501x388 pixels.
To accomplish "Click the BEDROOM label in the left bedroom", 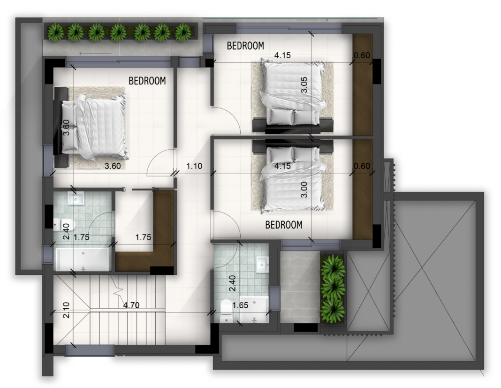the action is click(x=147, y=81).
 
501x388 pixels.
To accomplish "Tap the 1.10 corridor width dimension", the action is click(x=194, y=166).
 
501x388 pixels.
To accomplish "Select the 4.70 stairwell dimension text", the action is click(x=131, y=305).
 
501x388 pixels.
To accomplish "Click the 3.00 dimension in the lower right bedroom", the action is click(x=304, y=190).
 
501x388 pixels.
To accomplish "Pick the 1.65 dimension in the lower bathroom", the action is click(x=240, y=305).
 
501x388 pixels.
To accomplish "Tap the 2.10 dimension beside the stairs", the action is click(x=66, y=310).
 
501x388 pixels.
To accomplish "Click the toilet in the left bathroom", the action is click(x=64, y=224).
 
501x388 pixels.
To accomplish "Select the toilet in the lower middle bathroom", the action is click(x=227, y=311).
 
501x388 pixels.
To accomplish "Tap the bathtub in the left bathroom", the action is click(x=83, y=259).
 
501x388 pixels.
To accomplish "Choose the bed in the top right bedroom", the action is click(x=293, y=96).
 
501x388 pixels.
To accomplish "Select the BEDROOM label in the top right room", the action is click(x=245, y=46).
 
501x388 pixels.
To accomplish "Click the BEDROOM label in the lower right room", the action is click(x=284, y=225).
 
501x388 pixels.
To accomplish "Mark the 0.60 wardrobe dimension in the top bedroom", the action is click(x=362, y=55).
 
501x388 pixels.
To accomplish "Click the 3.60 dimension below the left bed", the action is click(x=113, y=166).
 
